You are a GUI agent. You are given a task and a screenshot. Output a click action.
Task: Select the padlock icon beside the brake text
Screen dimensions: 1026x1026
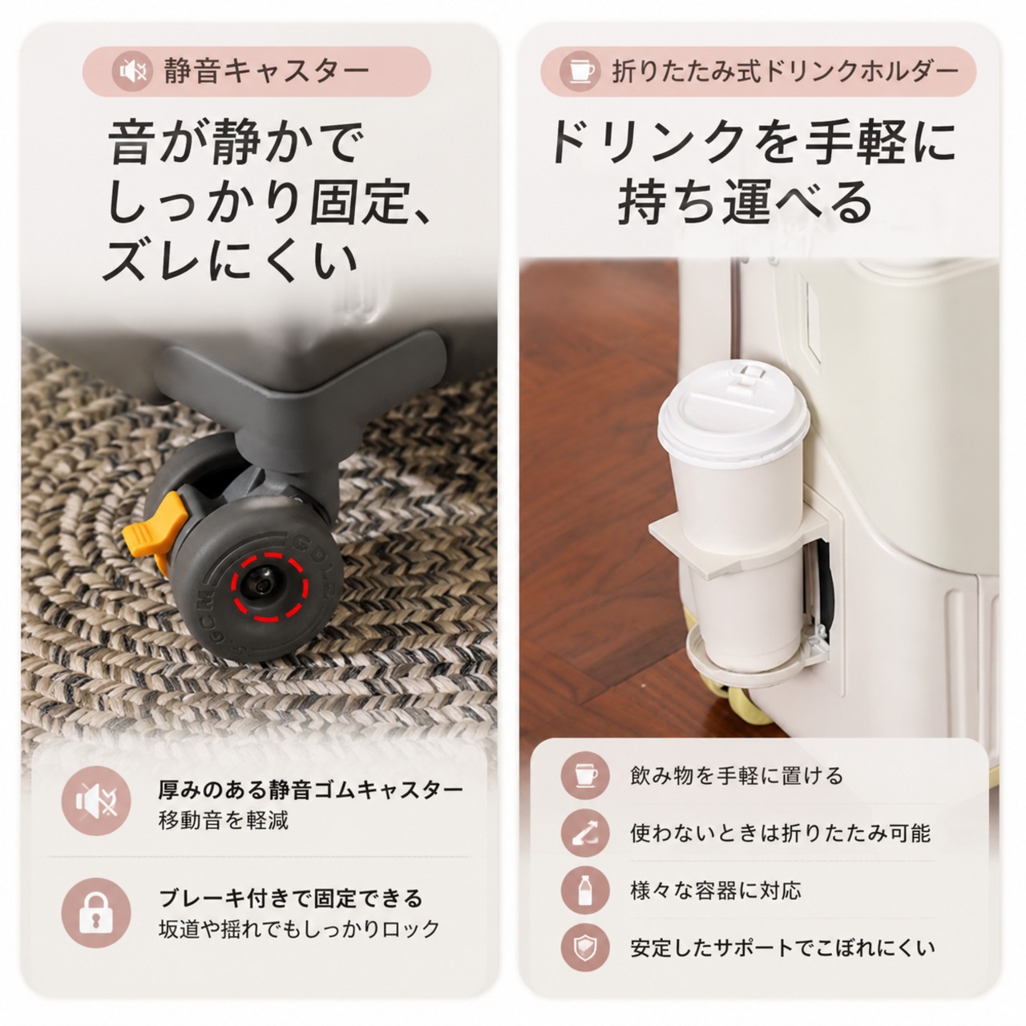click(x=96, y=913)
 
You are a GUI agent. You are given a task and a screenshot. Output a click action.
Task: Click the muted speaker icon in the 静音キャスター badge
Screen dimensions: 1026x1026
click(x=132, y=71)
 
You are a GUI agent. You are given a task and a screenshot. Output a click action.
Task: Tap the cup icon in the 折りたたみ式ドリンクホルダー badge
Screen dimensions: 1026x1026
click(x=580, y=71)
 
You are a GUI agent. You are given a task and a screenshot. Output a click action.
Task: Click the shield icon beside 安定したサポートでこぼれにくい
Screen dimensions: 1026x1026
click(x=585, y=947)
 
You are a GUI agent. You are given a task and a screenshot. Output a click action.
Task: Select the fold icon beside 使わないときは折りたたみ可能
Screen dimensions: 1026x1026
click(x=585, y=834)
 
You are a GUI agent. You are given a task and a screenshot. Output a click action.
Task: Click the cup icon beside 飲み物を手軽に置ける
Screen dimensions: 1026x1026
click(x=585, y=775)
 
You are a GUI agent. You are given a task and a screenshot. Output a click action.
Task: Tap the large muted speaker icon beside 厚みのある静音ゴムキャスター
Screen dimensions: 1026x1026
click(x=96, y=802)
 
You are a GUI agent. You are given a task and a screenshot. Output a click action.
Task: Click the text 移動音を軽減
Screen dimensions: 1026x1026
click(x=224, y=821)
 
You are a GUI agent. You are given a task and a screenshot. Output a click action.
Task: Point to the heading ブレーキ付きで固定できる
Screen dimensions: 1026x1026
click(x=291, y=899)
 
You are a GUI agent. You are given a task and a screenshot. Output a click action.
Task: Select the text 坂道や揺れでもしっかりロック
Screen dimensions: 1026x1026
click(x=299, y=929)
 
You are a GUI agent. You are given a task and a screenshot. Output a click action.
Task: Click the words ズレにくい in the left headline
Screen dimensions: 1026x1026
click(x=229, y=261)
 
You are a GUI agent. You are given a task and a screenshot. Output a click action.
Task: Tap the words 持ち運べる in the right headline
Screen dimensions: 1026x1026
click(x=745, y=202)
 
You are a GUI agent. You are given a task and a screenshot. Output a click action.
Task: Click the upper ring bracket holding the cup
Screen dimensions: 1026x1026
click(x=737, y=543)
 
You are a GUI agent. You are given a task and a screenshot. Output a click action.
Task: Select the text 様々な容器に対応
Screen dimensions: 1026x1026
click(x=716, y=891)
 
